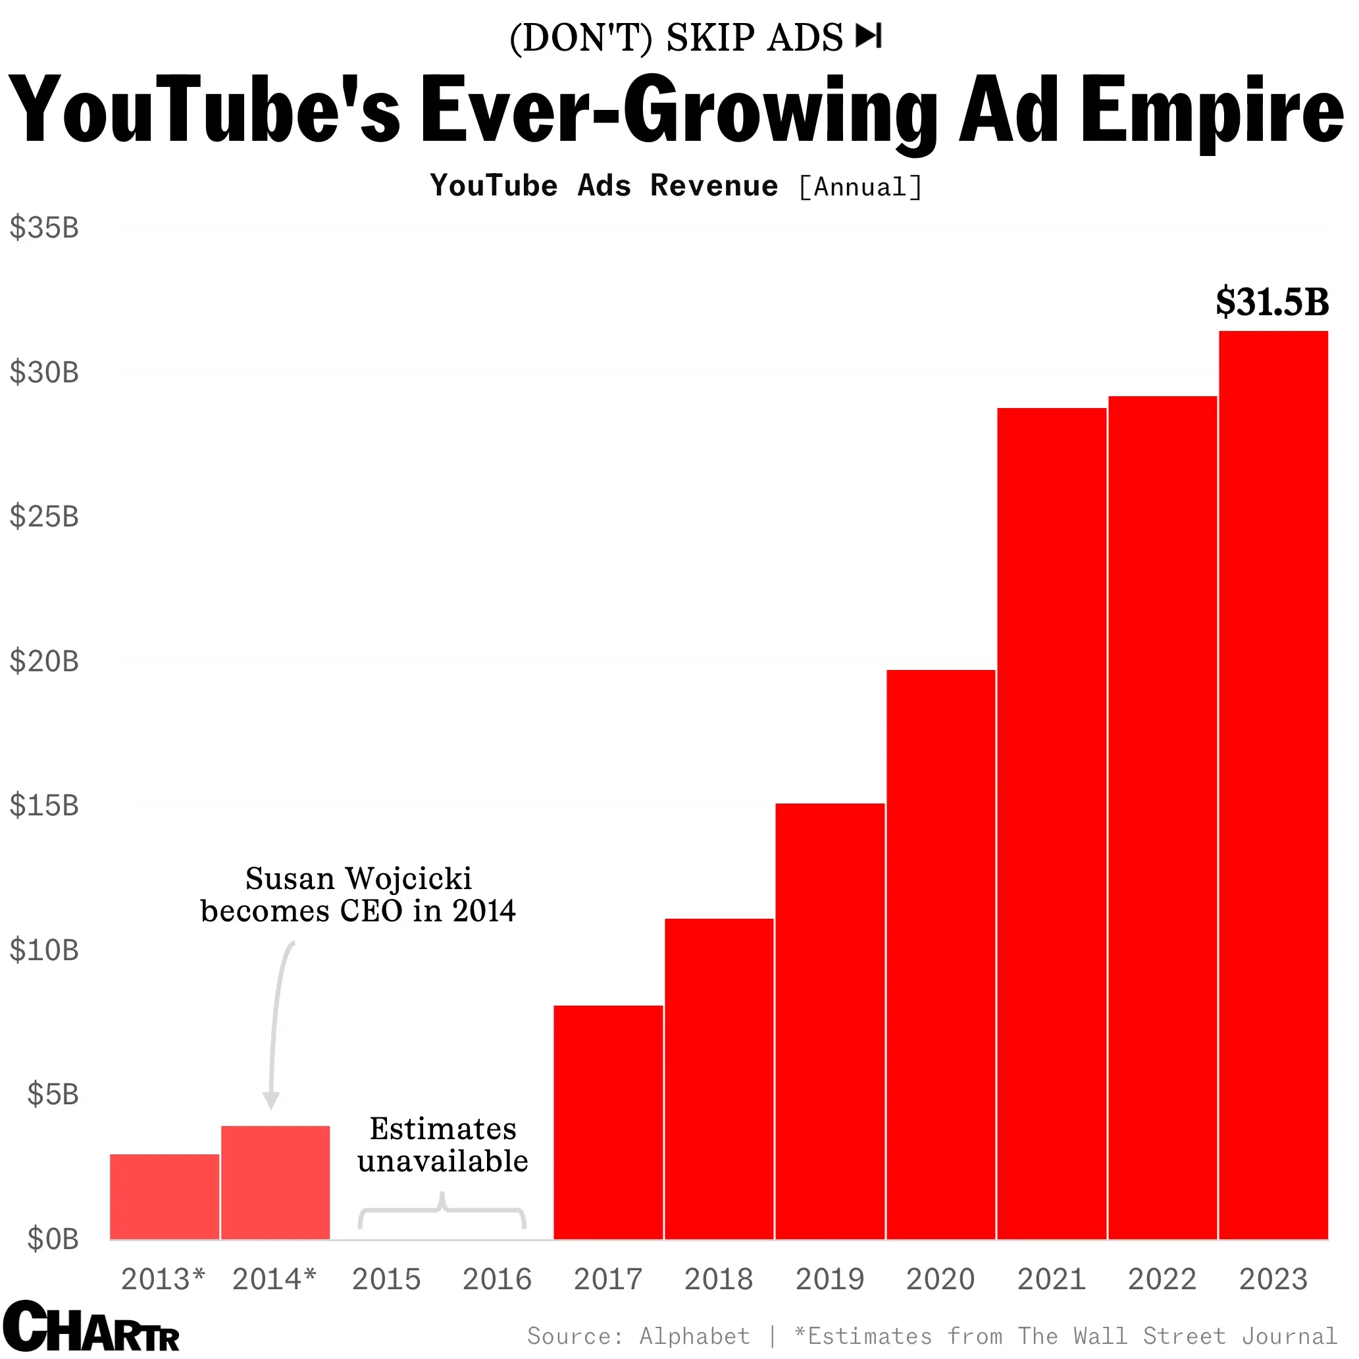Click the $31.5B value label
[x=1271, y=303]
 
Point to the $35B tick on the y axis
[x=43, y=228]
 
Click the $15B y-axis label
[x=43, y=806]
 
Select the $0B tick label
[x=52, y=1239]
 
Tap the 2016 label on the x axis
[x=497, y=1279]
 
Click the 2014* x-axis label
[x=274, y=1279]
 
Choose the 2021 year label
[x=1051, y=1279]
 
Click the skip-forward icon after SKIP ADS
[x=869, y=36]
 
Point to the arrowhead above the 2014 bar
[x=271, y=1100]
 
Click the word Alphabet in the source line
[x=694, y=1336]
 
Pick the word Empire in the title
[x=1212, y=111]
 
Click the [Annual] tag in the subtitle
[x=859, y=187]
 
